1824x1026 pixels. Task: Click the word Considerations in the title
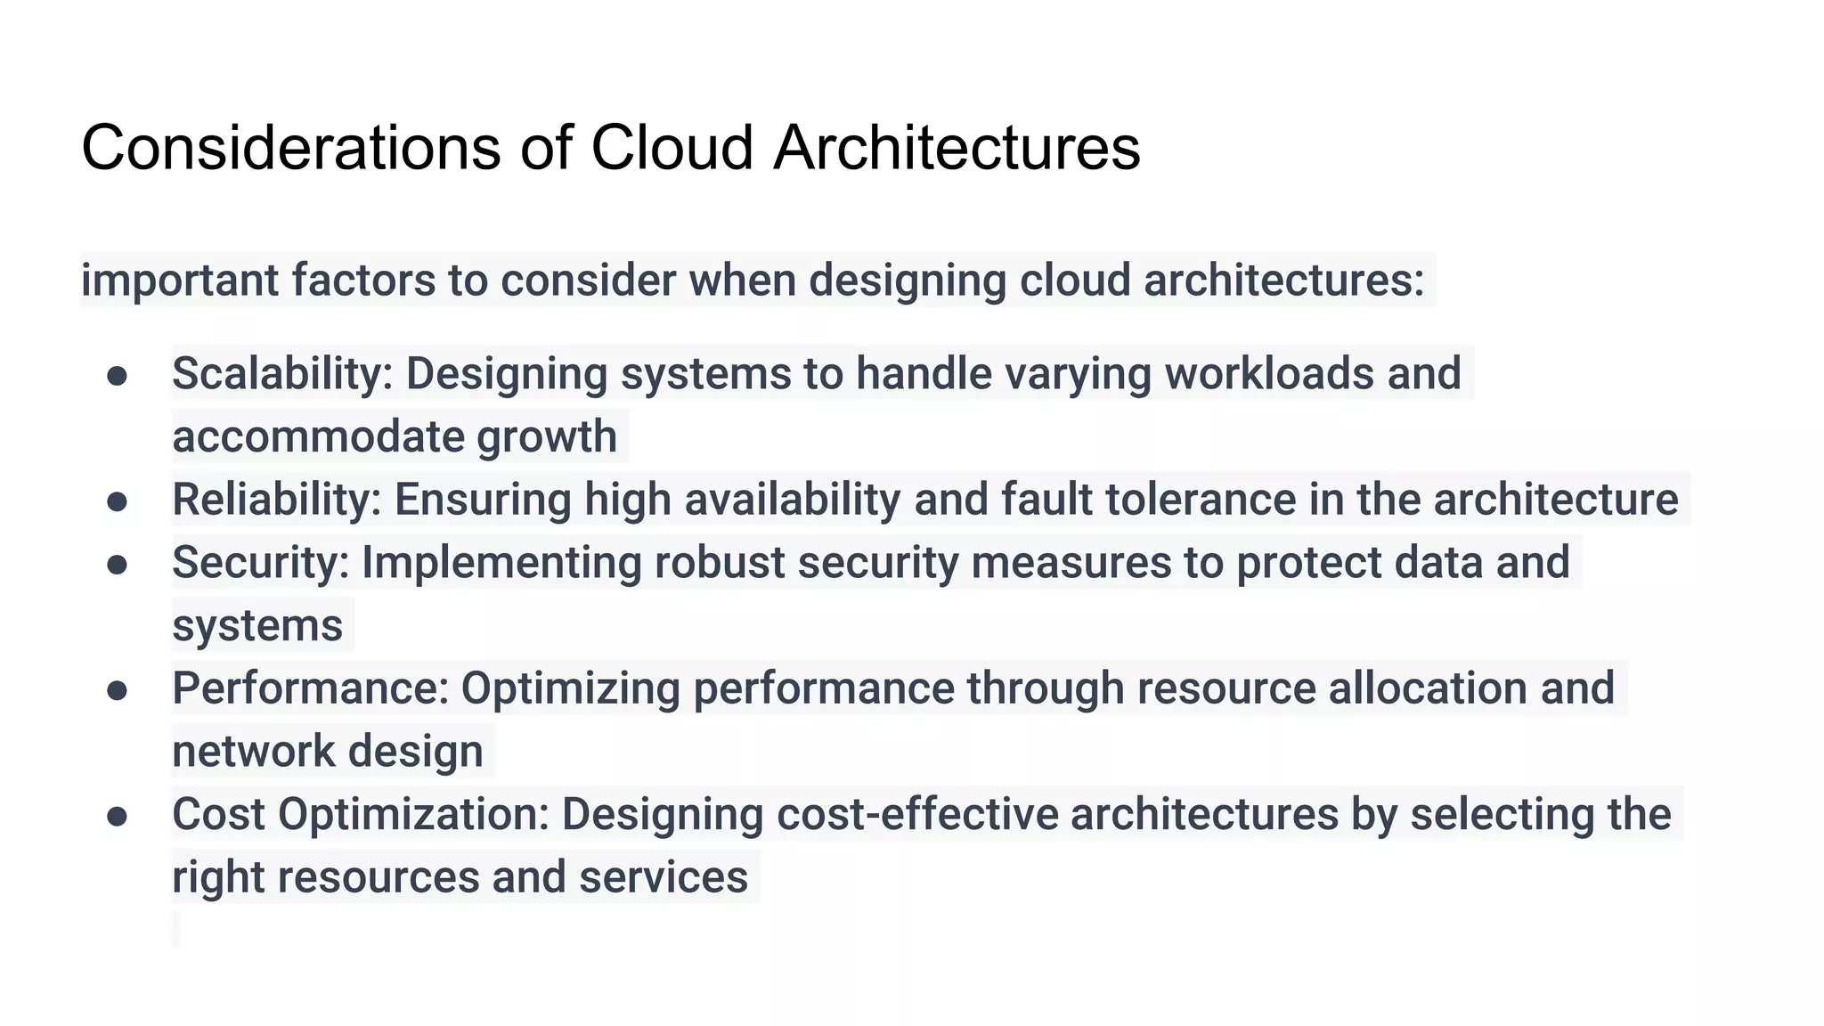pyautogui.click(x=291, y=147)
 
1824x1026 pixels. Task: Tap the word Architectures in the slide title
pyautogui.click(x=957, y=147)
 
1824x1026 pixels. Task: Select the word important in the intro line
pyautogui.click(x=180, y=280)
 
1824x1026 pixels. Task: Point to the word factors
pyautogui.click(x=363, y=280)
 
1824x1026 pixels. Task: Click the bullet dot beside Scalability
pyautogui.click(x=117, y=375)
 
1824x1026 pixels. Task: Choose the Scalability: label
pyautogui.click(x=282, y=373)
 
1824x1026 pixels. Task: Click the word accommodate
pyautogui.click(x=318, y=436)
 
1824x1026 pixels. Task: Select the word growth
pyautogui.click(x=546, y=436)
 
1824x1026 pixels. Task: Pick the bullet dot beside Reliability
pyautogui.click(x=117, y=501)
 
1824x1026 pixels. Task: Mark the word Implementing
pyautogui.click(x=501, y=563)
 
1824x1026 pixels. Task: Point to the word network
pyautogui.click(x=253, y=752)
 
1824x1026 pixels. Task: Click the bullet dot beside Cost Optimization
pyautogui.click(x=117, y=816)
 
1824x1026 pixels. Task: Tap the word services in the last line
pyautogui.click(x=664, y=877)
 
